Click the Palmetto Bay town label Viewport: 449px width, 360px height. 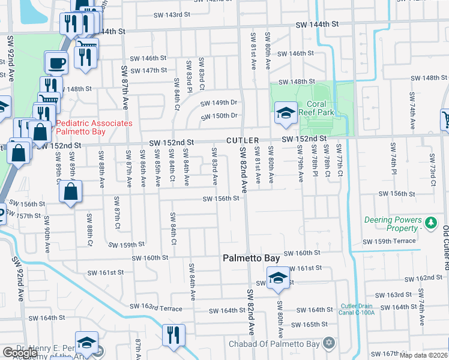[x=251, y=258]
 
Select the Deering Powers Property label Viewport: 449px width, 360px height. [x=393, y=224]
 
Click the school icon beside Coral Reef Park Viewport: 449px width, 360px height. [x=286, y=112]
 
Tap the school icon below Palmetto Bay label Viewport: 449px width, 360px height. [x=278, y=278]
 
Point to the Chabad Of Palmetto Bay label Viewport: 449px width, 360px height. [x=276, y=344]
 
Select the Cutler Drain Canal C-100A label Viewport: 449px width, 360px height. [x=358, y=308]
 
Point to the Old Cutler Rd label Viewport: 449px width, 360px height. [x=445, y=239]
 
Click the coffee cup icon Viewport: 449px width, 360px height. [x=57, y=62]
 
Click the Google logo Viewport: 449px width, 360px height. [x=20, y=353]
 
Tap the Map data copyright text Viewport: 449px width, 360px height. [x=424, y=355]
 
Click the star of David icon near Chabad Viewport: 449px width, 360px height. [x=328, y=343]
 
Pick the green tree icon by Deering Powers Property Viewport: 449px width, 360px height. [x=430, y=224]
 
